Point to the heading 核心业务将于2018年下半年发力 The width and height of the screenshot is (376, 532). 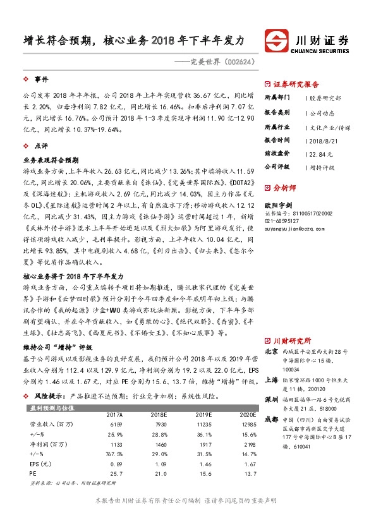[73, 277]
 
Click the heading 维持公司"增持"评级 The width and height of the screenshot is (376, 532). [58, 348]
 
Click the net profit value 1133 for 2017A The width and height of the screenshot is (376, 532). [114, 445]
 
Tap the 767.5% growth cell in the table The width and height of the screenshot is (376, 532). [112, 454]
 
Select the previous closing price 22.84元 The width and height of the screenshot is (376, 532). [318, 153]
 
